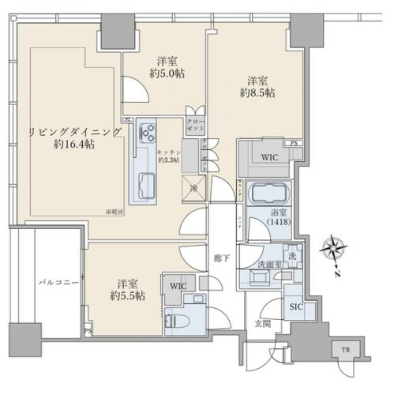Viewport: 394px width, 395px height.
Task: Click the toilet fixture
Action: pyautogui.click(x=173, y=321)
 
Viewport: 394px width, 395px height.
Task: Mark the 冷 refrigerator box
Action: pyautogui.click(x=193, y=187)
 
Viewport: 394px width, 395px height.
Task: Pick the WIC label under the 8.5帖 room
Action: pyautogui.click(x=269, y=156)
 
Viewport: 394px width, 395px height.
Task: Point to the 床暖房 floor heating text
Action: pyautogui.click(x=116, y=212)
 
